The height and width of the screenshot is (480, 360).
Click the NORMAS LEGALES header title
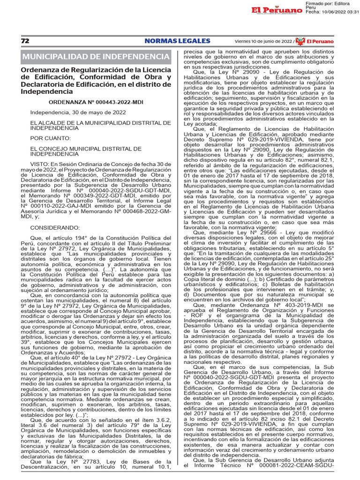pos(177,41)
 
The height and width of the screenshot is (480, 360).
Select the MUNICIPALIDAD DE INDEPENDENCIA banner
pos(96,57)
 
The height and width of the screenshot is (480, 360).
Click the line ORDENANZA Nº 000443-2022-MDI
pos(96,102)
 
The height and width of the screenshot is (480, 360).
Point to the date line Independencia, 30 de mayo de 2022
pos(71,112)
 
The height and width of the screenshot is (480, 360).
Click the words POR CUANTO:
pos(51,138)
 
